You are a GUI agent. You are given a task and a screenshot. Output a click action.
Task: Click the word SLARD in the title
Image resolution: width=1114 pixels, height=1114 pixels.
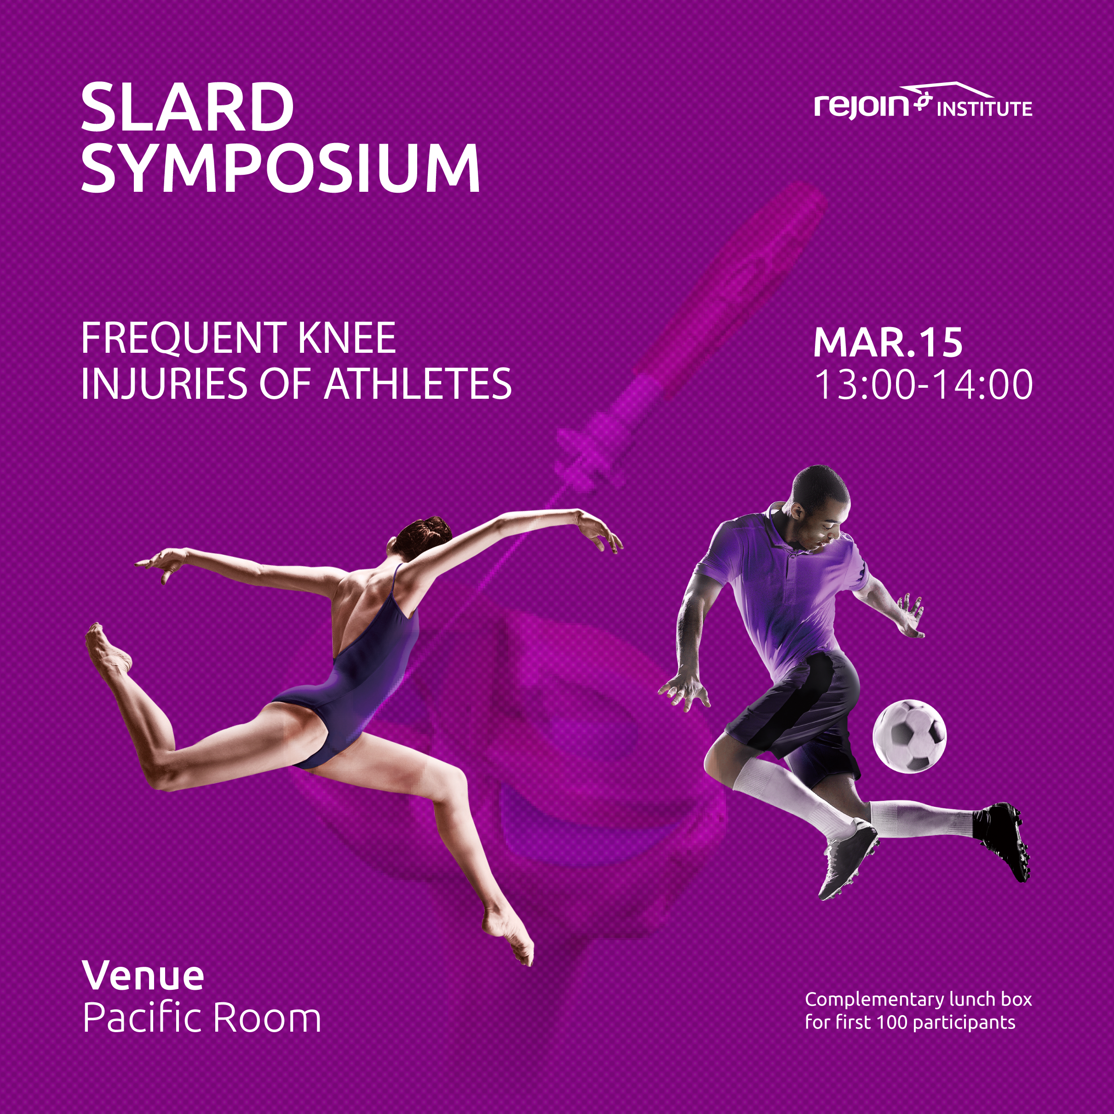tap(187, 108)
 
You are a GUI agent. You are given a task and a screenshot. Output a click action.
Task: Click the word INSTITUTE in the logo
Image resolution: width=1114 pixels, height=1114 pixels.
tap(984, 109)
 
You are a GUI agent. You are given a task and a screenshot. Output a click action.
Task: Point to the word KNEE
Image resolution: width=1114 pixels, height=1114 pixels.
tap(347, 338)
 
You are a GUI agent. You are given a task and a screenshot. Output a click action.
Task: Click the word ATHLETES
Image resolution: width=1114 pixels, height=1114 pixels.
tap(418, 384)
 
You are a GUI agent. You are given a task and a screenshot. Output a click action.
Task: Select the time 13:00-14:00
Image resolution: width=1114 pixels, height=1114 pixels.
tap(924, 385)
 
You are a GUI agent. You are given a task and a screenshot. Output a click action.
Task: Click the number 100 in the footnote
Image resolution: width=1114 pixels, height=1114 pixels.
tap(892, 1022)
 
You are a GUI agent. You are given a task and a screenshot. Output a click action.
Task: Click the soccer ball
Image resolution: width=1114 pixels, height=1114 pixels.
tap(909, 736)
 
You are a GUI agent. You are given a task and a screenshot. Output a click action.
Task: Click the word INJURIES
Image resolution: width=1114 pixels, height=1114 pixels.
tap(164, 384)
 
